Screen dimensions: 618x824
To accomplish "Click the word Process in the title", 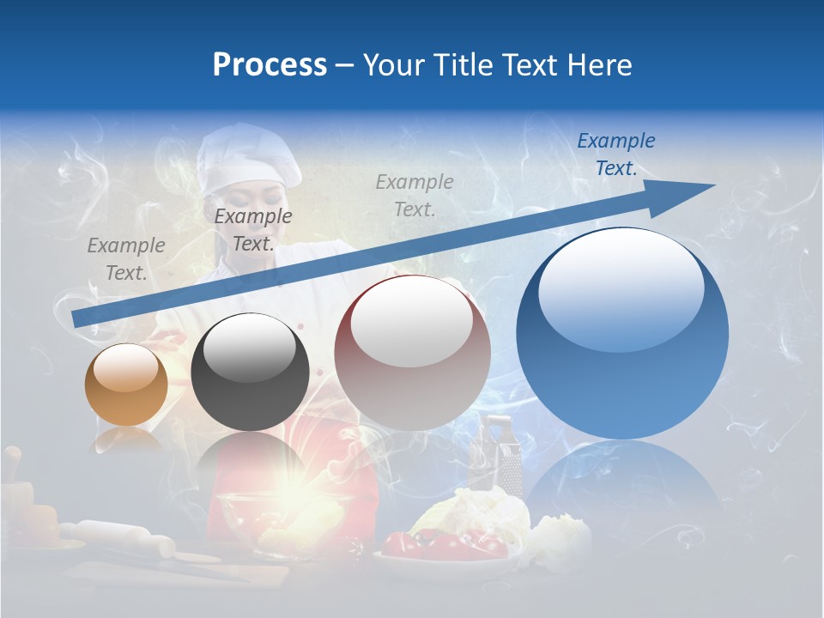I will coord(270,65).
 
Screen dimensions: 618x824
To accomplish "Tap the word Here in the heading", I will coord(600,65).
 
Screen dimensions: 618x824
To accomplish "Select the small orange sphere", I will coord(126,385).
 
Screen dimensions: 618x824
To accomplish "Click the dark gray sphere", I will coord(250,372).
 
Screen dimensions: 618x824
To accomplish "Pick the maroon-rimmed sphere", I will coord(412,352).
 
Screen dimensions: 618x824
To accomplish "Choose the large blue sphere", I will coord(622,333).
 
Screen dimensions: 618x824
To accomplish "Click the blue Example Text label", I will coord(615,154).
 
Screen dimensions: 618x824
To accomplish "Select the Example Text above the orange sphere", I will coord(126,259).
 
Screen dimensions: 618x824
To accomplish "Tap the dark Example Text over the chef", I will coord(253,230).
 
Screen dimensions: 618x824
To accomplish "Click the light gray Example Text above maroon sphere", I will coord(415,195).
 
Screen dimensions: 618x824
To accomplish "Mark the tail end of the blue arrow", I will coord(79,318).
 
